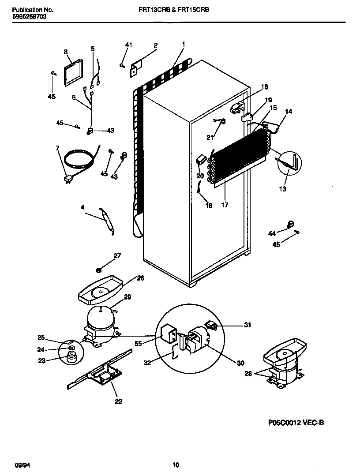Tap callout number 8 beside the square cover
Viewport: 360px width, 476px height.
66,52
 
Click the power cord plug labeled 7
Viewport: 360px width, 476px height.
68,179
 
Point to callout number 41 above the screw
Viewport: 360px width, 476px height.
128,45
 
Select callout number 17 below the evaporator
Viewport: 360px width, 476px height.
225,205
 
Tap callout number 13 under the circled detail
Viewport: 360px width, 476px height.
282,189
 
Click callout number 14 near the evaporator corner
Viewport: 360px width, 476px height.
289,112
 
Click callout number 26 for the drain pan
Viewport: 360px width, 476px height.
140,278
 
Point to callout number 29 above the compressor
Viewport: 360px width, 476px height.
127,297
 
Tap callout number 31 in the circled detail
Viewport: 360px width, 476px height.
247,325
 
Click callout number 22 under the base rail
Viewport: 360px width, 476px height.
118,401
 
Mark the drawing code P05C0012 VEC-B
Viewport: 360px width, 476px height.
296,423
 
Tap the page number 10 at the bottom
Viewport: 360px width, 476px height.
176,465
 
